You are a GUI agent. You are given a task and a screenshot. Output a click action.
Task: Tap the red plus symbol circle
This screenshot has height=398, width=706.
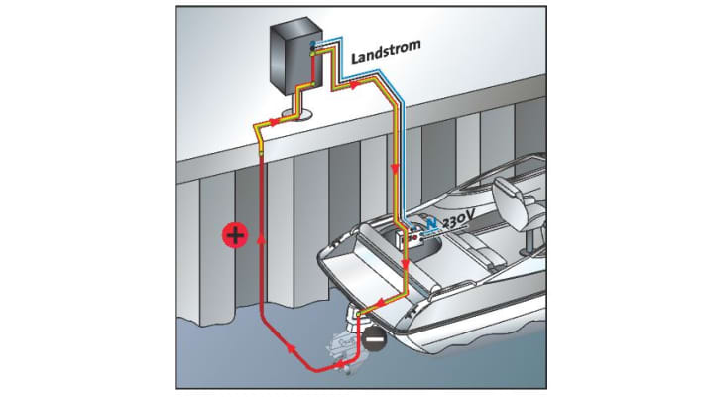tap(234, 235)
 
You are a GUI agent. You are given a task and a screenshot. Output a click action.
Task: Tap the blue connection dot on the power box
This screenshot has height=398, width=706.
tap(313, 46)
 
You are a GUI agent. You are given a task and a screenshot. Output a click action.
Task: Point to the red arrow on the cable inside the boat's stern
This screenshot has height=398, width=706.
tap(406, 264)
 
